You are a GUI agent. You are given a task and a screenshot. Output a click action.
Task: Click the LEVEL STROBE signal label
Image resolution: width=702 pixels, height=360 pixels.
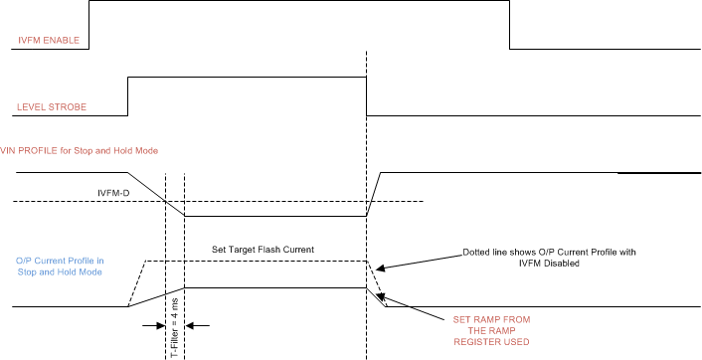click(52, 106)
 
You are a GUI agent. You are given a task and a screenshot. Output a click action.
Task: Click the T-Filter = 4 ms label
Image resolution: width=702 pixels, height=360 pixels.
click(175, 313)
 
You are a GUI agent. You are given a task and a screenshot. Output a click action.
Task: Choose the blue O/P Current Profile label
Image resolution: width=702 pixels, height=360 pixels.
click(60, 266)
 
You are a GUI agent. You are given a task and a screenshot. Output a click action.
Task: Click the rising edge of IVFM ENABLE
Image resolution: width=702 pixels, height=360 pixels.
click(89, 24)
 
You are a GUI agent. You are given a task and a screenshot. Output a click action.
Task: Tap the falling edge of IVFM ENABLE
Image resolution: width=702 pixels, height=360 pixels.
click(510, 24)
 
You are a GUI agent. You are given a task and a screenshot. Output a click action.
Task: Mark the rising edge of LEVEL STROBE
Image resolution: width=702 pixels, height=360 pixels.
click(128, 96)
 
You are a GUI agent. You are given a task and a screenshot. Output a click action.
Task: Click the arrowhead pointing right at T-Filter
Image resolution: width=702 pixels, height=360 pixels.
click(159, 324)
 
